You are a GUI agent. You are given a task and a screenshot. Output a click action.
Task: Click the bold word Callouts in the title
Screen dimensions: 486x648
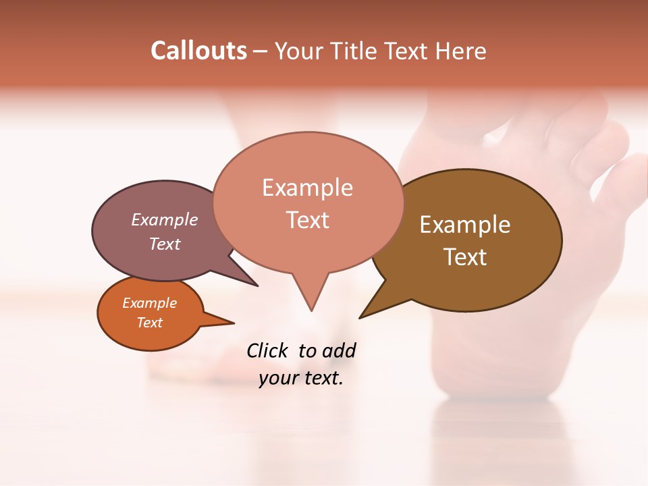tap(198, 51)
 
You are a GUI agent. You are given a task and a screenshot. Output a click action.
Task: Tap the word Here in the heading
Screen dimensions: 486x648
tap(461, 51)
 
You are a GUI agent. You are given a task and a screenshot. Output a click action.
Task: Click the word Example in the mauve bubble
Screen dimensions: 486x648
tap(165, 219)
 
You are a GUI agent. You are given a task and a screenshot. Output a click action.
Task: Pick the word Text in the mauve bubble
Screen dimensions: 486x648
tap(165, 244)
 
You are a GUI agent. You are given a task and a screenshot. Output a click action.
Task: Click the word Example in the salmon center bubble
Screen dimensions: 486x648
tap(307, 188)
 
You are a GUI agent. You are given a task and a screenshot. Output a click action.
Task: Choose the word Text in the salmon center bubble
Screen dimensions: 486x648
tap(308, 220)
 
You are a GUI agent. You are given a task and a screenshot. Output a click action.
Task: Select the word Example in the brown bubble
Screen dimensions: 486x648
tap(465, 224)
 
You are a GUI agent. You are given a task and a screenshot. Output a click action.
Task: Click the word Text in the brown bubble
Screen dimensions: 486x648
tap(465, 256)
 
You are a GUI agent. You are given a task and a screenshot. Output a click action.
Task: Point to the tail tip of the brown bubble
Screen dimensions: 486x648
tap(360, 317)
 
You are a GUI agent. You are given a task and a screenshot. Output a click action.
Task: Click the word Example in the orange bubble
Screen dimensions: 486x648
tap(150, 303)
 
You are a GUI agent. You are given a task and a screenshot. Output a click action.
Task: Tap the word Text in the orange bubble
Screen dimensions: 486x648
tap(150, 323)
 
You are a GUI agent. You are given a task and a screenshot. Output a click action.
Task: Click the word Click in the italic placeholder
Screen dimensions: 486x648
tap(267, 350)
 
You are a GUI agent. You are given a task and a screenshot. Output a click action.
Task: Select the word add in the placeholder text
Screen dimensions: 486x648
tap(339, 351)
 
